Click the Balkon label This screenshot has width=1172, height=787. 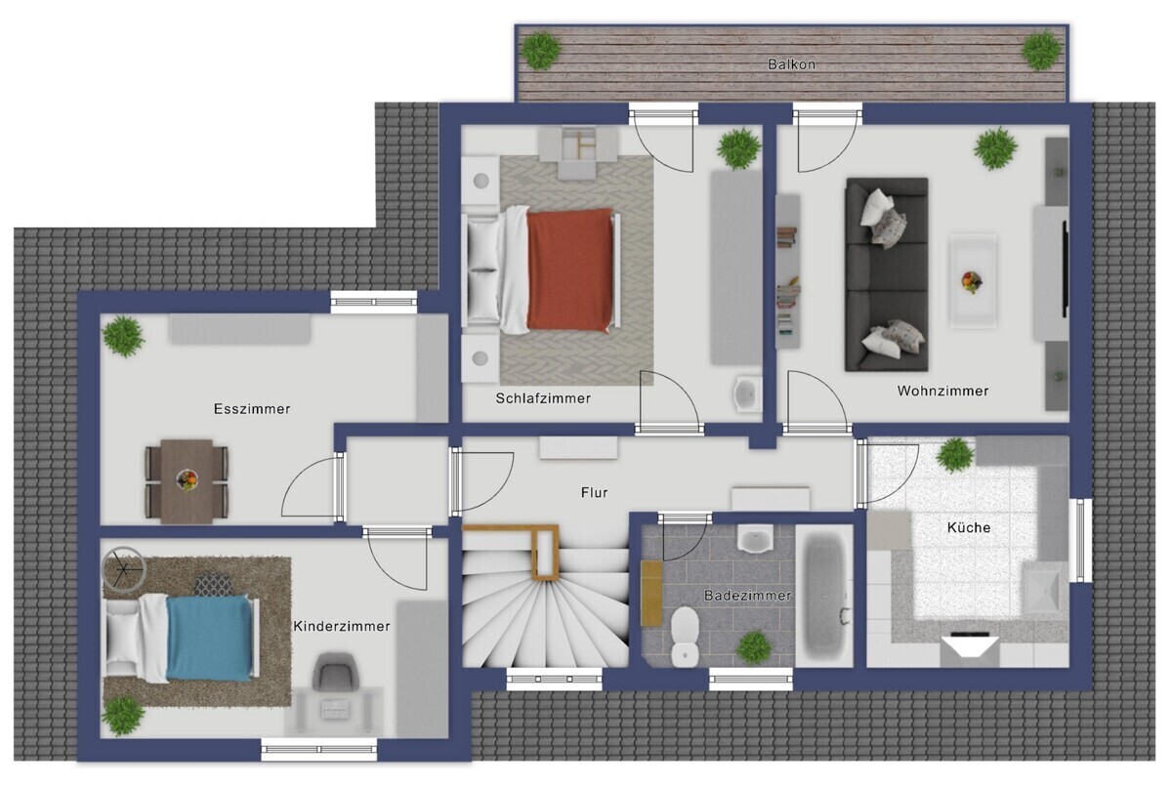coord(791,64)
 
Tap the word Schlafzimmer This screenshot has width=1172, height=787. coord(543,398)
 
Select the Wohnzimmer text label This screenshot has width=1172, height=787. coord(942,391)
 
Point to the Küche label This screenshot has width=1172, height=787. coord(969,527)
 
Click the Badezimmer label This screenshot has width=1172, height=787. coord(747,595)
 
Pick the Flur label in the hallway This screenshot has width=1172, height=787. coord(594,492)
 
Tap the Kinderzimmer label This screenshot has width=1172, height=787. coord(341,626)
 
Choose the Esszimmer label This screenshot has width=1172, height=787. coord(252,408)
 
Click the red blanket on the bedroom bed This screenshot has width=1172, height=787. coord(569,269)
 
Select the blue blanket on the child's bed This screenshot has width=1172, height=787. coord(209,639)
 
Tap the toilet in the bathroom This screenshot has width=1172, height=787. coord(685,636)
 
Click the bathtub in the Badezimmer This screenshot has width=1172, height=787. coord(824,596)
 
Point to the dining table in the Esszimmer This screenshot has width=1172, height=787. coord(187,481)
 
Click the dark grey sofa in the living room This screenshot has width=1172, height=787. coord(887,274)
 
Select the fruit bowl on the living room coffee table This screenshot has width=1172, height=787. coord(971,282)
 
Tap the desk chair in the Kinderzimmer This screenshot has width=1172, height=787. coord(335,671)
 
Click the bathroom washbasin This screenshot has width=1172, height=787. coord(755,539)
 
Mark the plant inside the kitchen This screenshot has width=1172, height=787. coord(955,455)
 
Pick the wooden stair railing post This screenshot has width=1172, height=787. coord(545,554)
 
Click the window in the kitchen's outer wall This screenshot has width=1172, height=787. coord(1080,541)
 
